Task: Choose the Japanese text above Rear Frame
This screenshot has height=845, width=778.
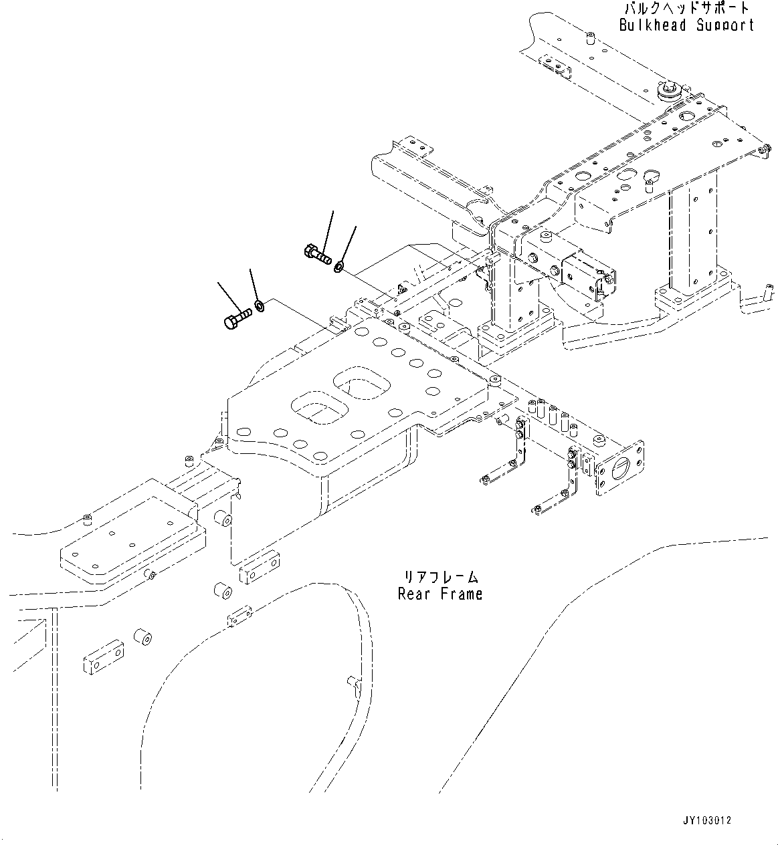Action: tap(440, 577)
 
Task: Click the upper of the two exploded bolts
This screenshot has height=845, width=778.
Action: tap(316, 254)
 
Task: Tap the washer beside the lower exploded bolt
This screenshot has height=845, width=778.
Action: tap(260, 307)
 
